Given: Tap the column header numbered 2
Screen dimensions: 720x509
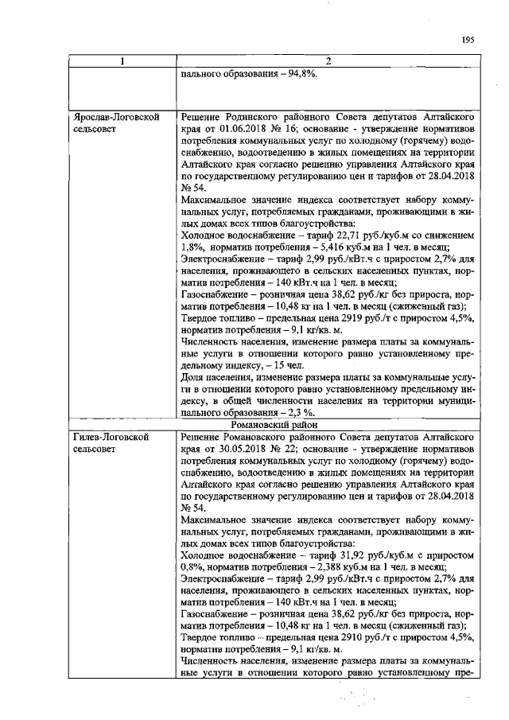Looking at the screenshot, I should pyautogui.click(x=327, y=62).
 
